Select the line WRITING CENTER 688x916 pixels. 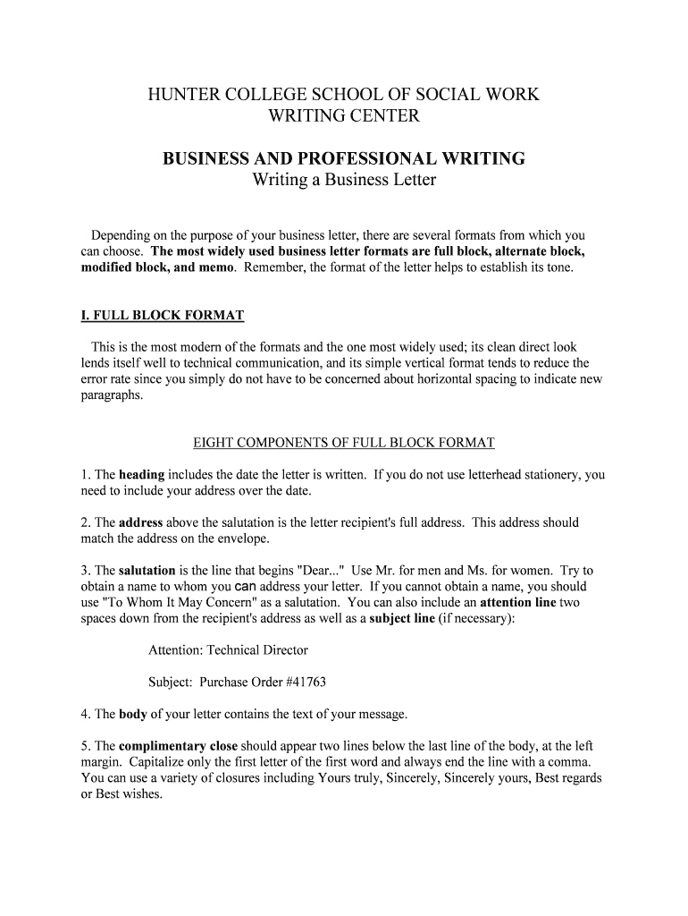coord(344,116)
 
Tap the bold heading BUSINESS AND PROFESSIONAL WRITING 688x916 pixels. coord(344,159)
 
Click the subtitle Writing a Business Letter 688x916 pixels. coord(344,181)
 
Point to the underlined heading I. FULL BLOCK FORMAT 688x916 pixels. coord(157,316)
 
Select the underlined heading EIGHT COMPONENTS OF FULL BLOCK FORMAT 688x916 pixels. coord(344,443)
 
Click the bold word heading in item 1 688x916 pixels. coord(141,475)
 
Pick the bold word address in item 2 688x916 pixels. coord(140,522)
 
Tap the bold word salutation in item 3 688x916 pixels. coord(147,571)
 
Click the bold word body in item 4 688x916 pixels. coord(133,714)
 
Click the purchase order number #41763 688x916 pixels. coord(305,683)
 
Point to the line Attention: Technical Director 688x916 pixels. coord(228,650)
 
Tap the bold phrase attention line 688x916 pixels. coord(518,603)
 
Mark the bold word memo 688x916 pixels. coord(207,268)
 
